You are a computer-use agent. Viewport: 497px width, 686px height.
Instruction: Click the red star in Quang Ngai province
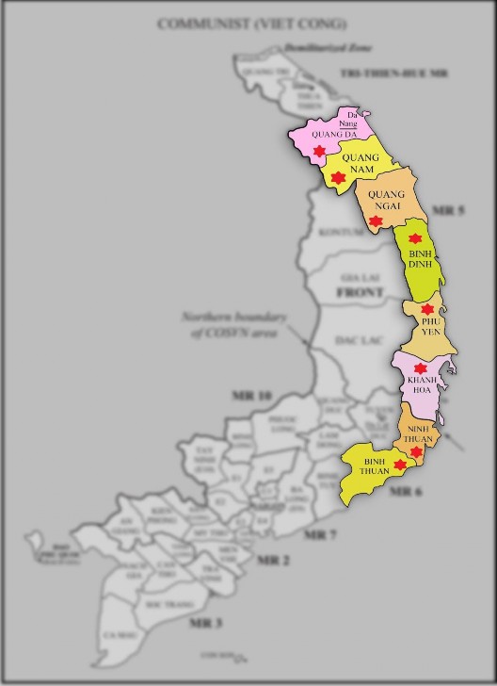tap(376, 222)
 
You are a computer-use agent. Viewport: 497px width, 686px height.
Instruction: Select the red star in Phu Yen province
tap(428, 309)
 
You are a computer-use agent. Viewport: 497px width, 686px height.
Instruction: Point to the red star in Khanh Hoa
tap(420, 369)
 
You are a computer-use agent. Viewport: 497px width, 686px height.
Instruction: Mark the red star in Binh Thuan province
tap(400, 465)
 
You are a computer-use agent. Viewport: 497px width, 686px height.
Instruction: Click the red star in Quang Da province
tap(319, 153)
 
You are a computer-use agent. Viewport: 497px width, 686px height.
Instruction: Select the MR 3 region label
tap(205, 622)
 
